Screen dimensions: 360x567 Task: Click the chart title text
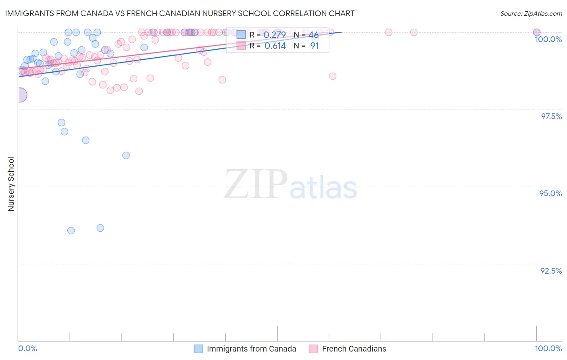click(180, 13)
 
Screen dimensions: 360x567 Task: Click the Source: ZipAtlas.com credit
click(531, 14)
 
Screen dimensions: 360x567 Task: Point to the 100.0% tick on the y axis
click(548, 39)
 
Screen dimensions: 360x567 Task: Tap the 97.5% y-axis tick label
click(551, 116)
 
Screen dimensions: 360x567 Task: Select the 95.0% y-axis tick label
click(550, 193)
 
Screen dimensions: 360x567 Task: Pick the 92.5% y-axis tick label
click(551, 271)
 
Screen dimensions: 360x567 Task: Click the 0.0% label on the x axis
click(27, 348)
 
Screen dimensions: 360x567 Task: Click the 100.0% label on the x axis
click(548, 348)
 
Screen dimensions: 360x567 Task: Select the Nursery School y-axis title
click(11, 184)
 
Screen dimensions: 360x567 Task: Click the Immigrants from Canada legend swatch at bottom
click(198, 349)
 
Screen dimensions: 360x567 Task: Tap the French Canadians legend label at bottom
click(354, 349)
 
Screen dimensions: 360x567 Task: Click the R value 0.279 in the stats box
click(275, 35)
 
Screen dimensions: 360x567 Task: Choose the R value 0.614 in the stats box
click(275, 46)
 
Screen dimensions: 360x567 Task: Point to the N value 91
click(315, 46)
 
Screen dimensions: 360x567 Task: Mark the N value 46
click(313, 35)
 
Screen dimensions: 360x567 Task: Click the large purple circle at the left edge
click(19, 95)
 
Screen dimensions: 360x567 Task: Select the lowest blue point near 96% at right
click(126, 155)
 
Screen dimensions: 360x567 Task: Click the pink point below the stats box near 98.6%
click(333, 76)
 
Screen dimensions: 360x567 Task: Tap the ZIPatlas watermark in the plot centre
click(290, 185)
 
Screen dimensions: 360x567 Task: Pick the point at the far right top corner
click(537, 32)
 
